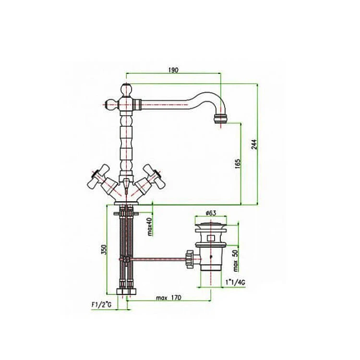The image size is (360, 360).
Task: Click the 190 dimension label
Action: [173, 70]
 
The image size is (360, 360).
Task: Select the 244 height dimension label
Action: [254, 144]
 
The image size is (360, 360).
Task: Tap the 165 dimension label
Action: [238, 164]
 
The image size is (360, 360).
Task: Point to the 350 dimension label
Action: [104, 249]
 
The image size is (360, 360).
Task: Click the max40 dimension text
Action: [150, 227]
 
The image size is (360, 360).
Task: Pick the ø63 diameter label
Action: [211, 213]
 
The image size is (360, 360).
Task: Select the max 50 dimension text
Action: [236, 261]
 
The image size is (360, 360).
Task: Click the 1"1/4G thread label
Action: [235, 282]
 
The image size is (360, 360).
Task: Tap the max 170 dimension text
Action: [168, 298]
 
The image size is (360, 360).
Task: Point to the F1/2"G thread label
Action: [101, 305]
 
